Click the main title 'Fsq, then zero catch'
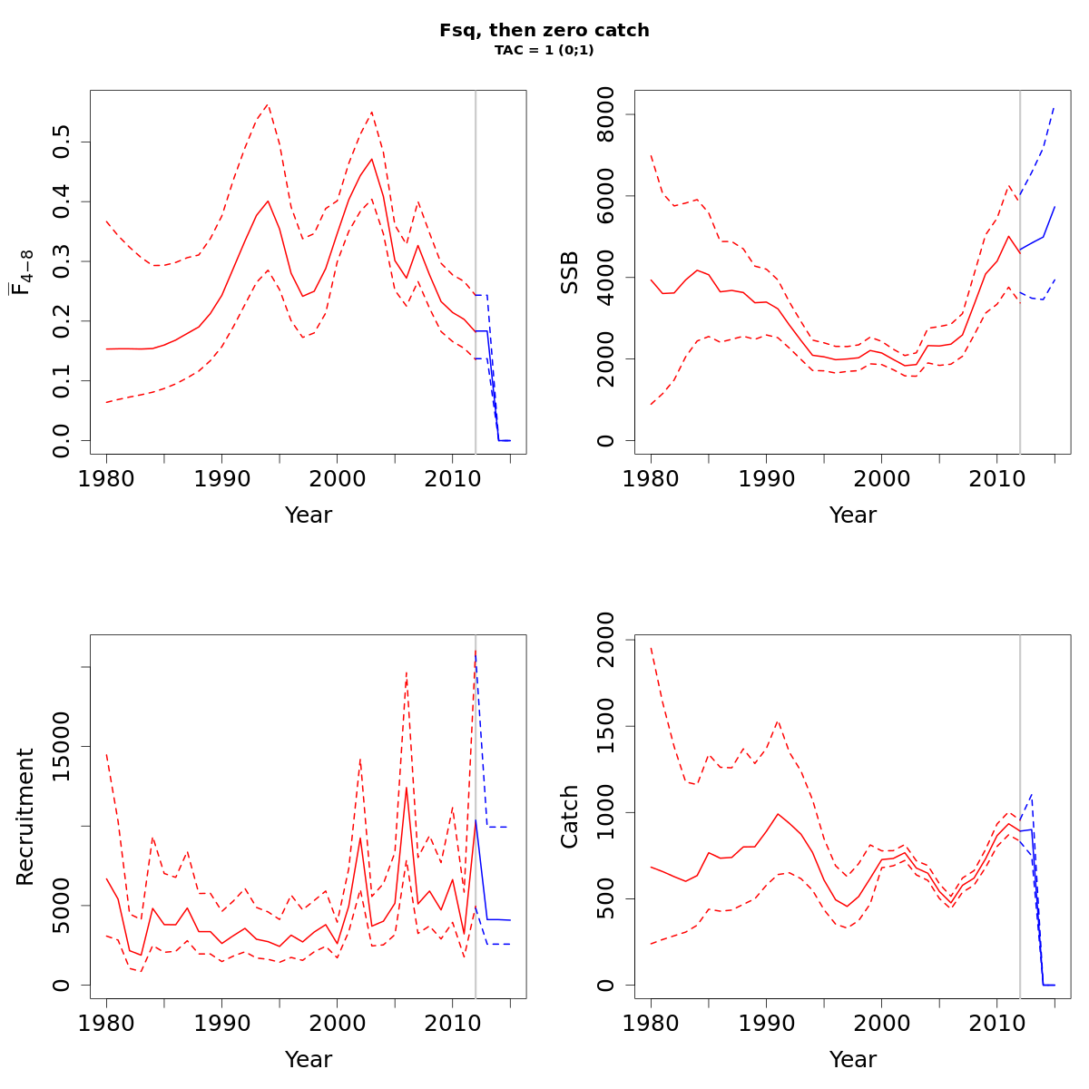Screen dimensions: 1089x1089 [x=544, y=30]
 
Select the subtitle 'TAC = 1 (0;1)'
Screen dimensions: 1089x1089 [x=544, y=50]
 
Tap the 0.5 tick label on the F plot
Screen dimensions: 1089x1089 [x=62, y=142]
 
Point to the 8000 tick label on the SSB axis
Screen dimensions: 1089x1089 [x=606, y=114]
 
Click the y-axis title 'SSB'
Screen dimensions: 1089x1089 [x=569, y=272]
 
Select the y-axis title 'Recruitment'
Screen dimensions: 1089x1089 [x=25, y=817]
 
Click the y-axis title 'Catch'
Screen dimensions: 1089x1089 [x=569, y=817]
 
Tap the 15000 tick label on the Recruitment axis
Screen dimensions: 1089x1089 [x=62, y=746]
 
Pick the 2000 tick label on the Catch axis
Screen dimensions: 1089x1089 [x=606, y=641]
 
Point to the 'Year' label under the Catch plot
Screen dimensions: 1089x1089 [x=853, y=1059]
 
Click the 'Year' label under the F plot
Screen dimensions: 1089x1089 [x=309, y=515]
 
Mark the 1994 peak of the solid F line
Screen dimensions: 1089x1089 [x=268, y=201]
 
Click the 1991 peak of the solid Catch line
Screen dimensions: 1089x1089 [x=778, y=813]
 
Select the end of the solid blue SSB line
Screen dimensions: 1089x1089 [x=1055, y=206]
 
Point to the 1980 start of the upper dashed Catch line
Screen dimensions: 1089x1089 [x=651, y=648]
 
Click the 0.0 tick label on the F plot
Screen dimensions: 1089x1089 [x=62, y=441]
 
